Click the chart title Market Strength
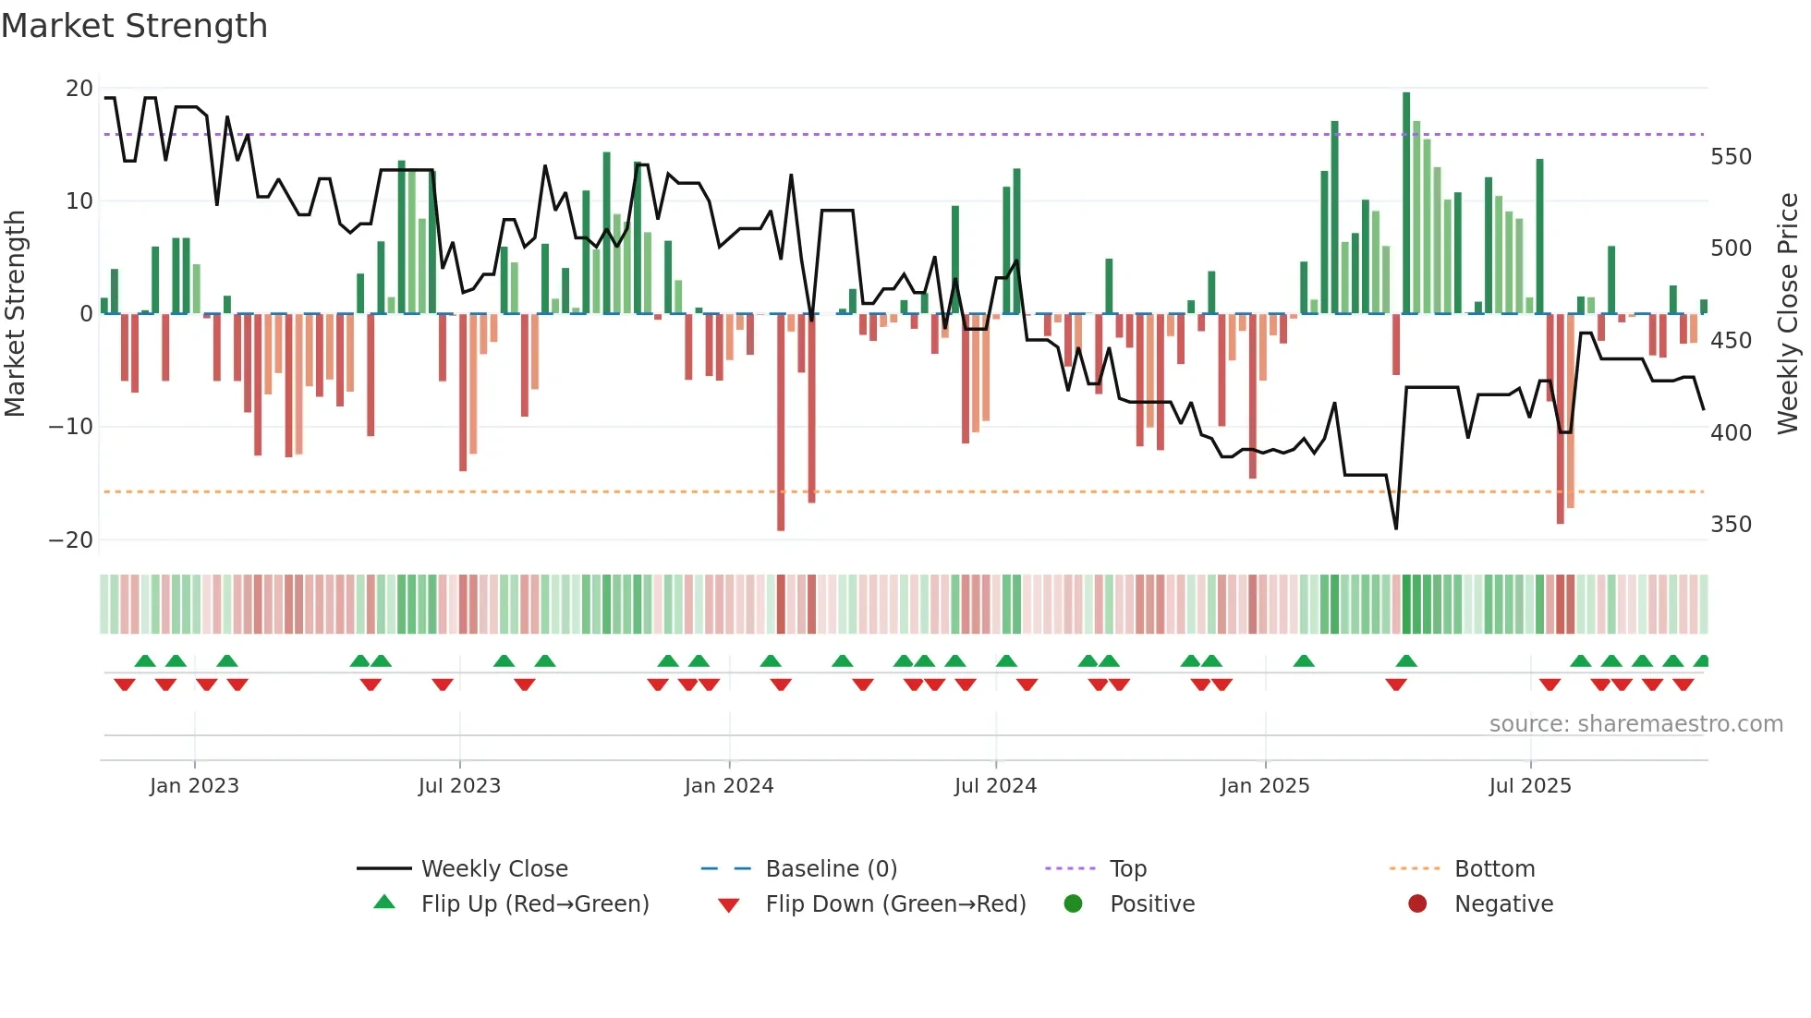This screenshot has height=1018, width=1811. (134, 26)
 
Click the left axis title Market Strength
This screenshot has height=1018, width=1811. (16, 313)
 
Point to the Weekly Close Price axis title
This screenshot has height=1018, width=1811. (1788, 313)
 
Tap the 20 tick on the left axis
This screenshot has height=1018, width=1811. (79, 89)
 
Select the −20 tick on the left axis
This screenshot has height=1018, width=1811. (71, 540)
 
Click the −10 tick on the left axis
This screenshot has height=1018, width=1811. (71, 427)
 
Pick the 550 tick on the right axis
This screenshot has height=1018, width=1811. (1731, 157)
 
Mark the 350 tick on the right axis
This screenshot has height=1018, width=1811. (1731, 525)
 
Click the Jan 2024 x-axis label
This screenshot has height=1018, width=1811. (729, 786)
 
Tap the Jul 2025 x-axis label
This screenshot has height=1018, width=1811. (1530, 786)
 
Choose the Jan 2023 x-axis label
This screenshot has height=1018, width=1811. (194, 786)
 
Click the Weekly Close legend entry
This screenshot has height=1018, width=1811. (493, 869)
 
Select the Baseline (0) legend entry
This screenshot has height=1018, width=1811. (831, 869)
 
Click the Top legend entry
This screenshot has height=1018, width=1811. (1127, 869)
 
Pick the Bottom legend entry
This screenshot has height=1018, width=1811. (1494, 869)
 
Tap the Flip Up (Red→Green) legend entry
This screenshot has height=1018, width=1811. (534, 904)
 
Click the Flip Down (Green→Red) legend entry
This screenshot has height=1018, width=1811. (895, 904)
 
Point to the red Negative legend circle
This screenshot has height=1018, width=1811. (1417, 904)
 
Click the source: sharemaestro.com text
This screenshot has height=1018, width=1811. (1635, 724)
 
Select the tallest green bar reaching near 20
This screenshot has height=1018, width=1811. (1406, 203)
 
